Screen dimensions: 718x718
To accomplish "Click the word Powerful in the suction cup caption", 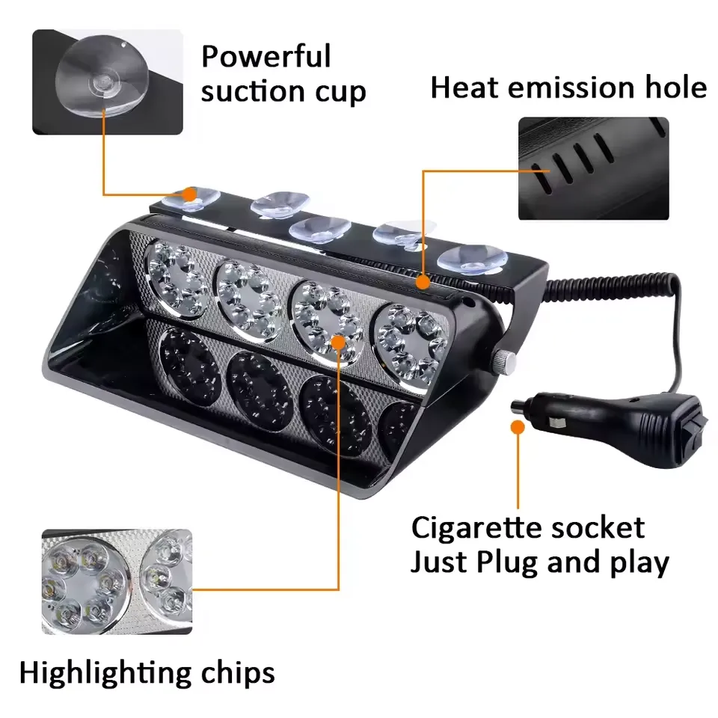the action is click(x=266, y=56).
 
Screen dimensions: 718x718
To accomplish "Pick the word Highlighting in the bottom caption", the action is click(x=105, y=674).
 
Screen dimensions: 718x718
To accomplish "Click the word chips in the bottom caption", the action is click(x=238, y=674).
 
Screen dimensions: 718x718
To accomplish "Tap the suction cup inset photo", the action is click(x=108, y=82).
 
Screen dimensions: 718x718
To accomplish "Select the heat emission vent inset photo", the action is click(x=593, y=168).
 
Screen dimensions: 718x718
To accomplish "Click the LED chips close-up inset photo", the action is click(x=117, y=582).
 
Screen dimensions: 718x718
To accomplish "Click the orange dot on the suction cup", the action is click(x=188, y=194).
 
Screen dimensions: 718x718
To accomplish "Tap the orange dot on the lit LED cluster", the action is click(x=338, y=342).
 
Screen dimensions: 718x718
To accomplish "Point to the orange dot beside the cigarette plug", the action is click(x=518, y=427).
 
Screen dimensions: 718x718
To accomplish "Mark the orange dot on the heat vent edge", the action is click(x=423, y=282).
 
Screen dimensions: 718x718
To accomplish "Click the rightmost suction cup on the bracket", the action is click(x=472, y=260).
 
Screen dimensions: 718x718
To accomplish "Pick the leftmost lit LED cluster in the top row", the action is click(x=177, y=279).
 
